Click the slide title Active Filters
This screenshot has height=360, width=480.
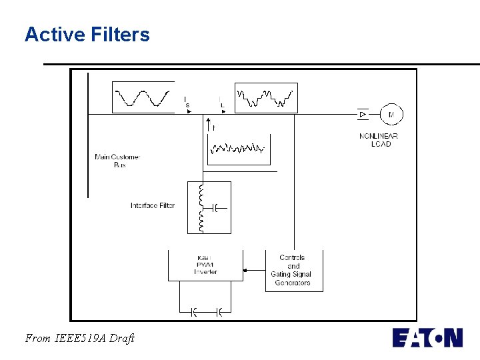[87, 35]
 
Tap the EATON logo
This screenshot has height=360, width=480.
[427, 337]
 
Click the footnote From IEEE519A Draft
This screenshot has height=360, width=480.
[79, 338]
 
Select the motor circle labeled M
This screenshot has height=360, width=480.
[391, 115]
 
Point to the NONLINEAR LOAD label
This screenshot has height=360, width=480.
[379, 140]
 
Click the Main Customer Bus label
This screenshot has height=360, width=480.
[117, 161]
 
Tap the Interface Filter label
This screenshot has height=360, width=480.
[153, 205]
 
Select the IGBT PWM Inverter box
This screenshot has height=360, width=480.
[205, 265]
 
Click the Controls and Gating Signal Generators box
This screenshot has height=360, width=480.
[293, 270]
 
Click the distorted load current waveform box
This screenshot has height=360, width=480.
[266, 97]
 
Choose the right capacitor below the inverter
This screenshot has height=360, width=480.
[219, 311]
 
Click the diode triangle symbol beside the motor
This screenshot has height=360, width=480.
[363, 115]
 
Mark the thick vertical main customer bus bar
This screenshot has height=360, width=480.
[87, 133]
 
